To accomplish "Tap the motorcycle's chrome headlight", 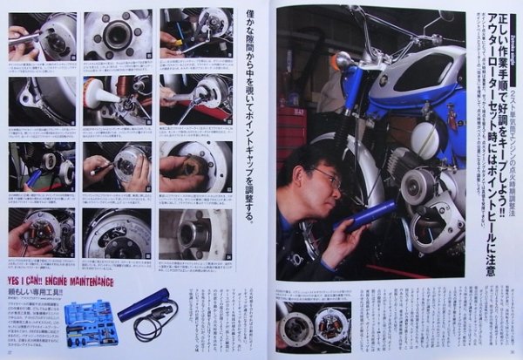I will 344,60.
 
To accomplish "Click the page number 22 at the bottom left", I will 10,353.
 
